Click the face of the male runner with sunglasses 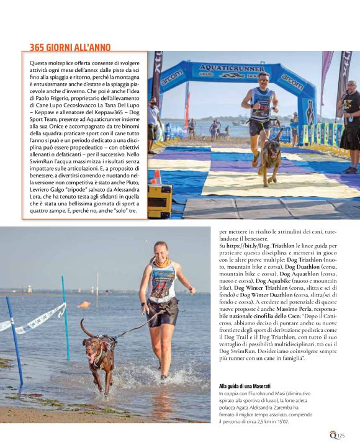click(264, 79)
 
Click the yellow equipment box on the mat click(159, 199)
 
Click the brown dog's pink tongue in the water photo click(94, 358)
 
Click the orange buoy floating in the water click(84, 305)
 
